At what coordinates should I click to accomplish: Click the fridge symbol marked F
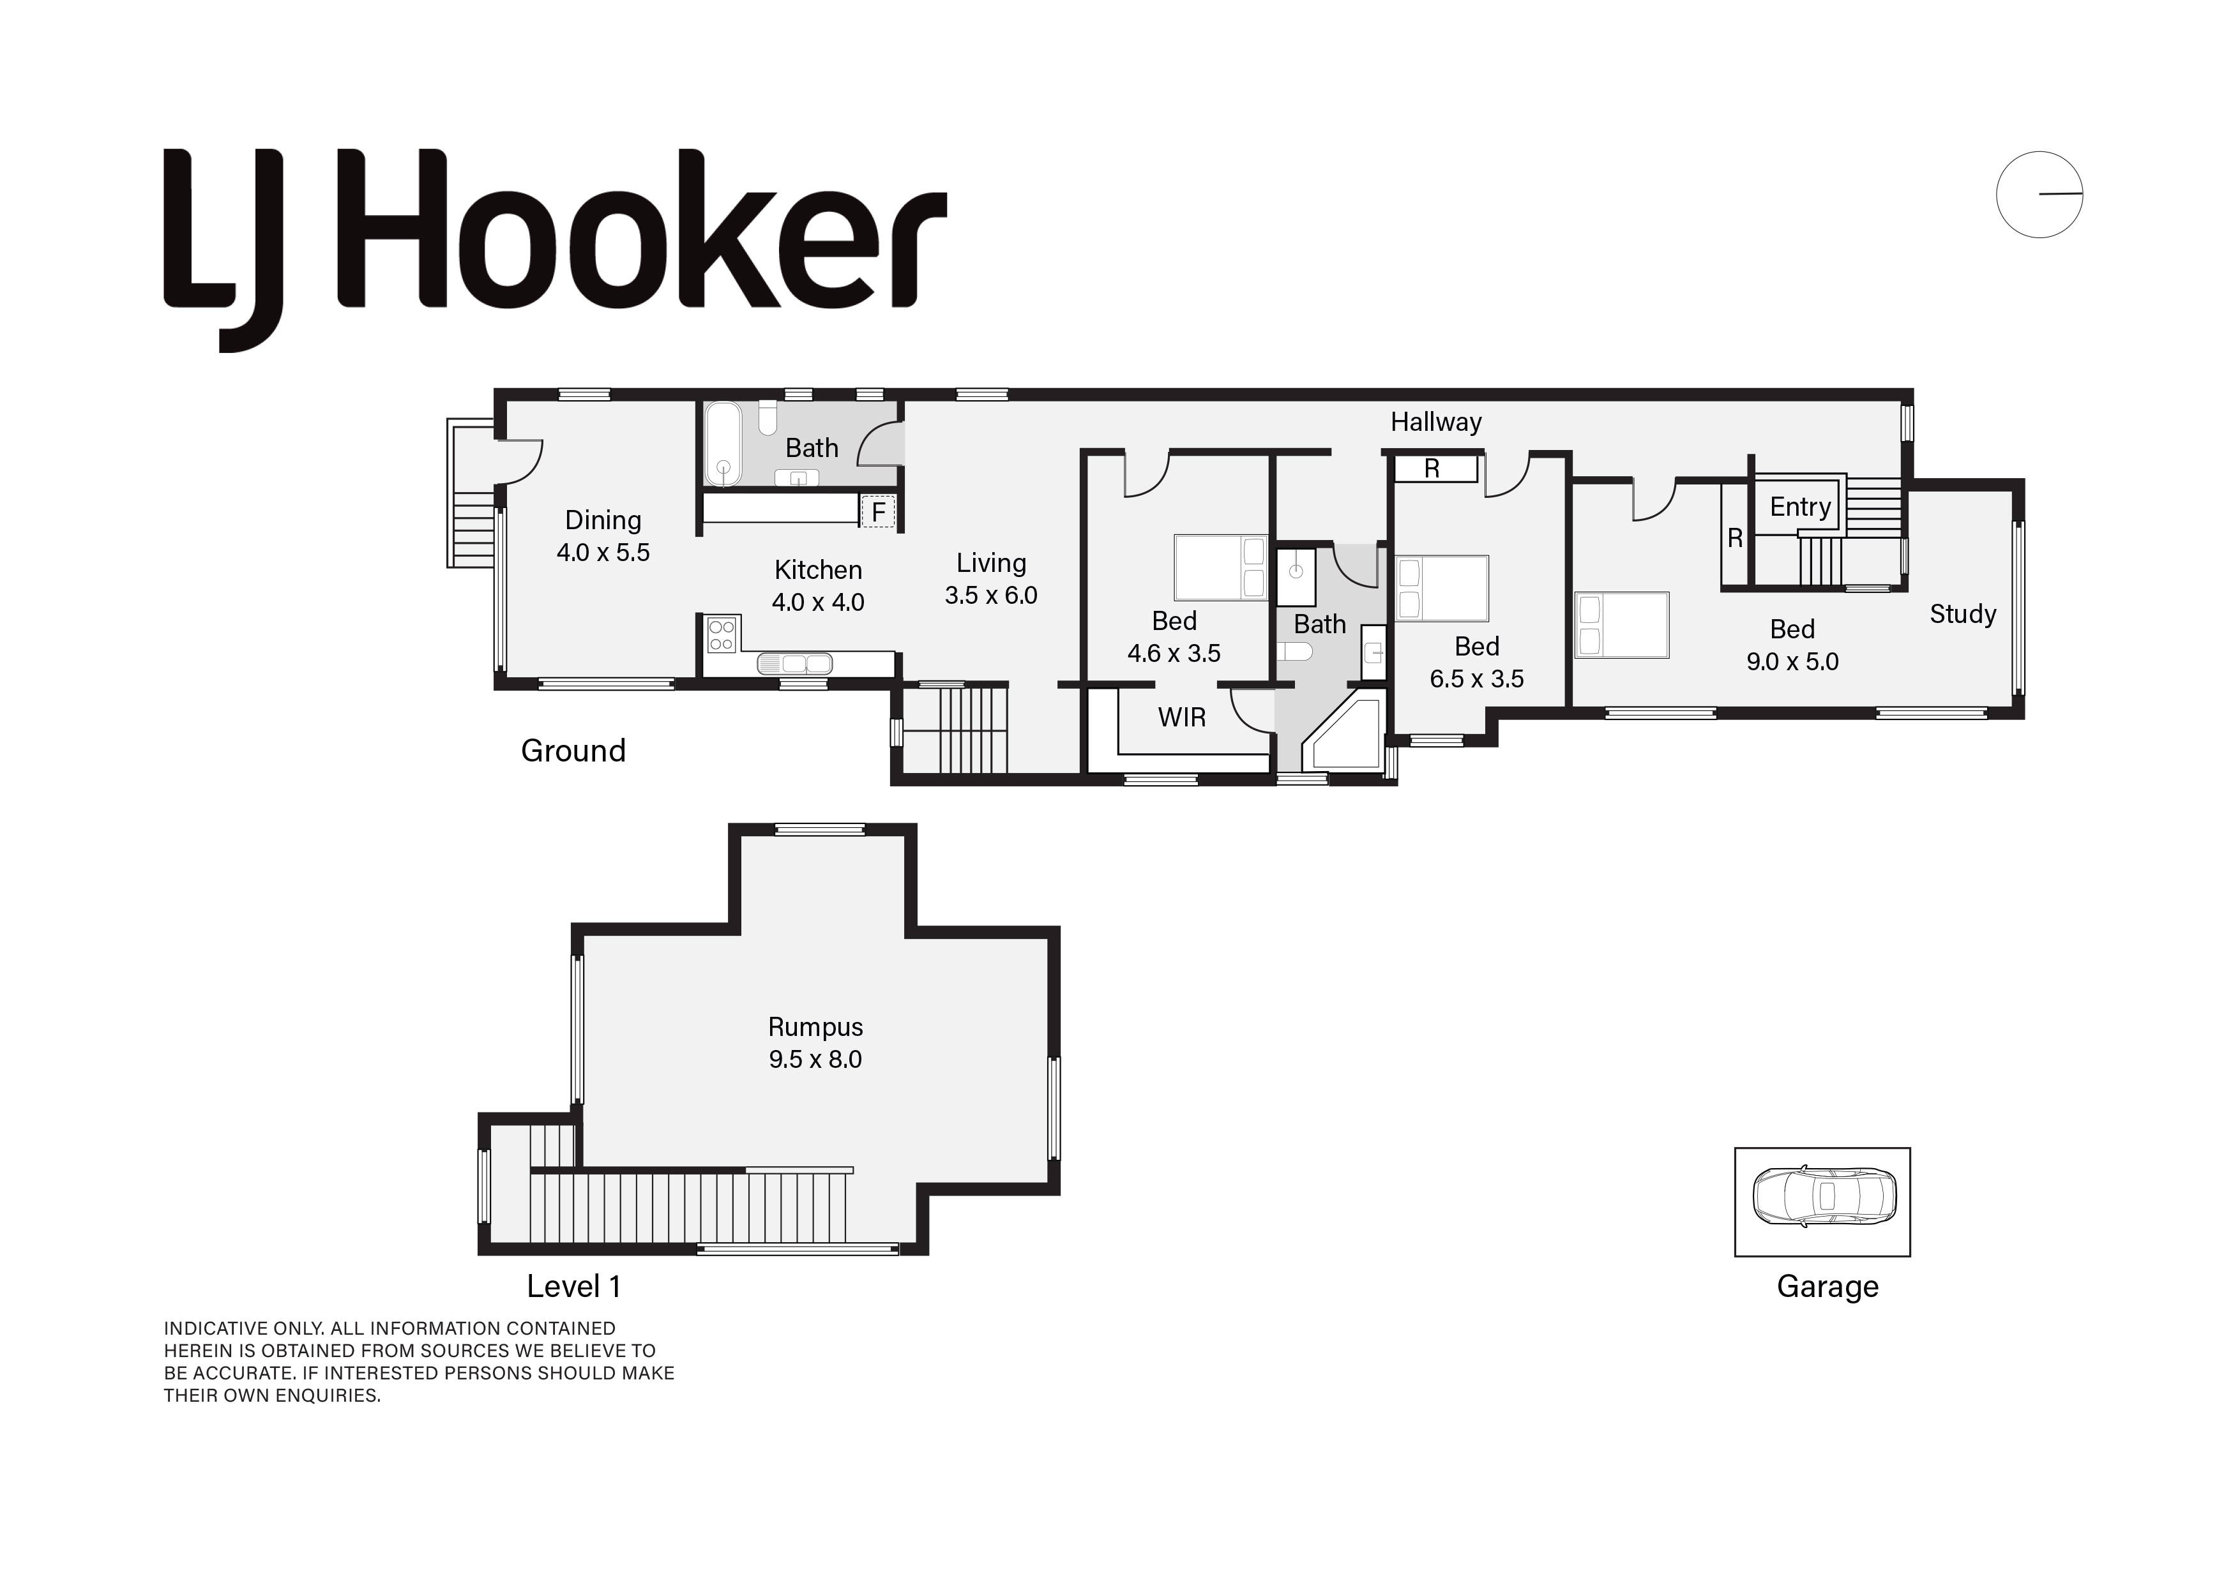click(x=878, y=512)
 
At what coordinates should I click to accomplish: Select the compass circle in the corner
click(x=2039, y=194)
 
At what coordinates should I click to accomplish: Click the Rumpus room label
click(x=815, y=1027)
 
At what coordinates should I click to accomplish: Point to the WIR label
click(x=1181, y=718)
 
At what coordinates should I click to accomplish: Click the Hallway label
click(x=1436, y=423)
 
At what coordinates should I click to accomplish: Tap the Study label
click(x=1963, y=615)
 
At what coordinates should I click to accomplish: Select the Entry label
click(x=1800, y=507)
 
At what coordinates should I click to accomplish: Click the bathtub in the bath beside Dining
click(x=723, y=443)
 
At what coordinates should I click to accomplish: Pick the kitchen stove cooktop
click(x=722, y=634)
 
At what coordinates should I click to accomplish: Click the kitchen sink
click(x=795, y=664)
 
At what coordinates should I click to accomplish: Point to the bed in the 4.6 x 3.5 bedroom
click(x=1220, y=567)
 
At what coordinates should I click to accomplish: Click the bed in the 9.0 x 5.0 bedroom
click(x=1621, y=625)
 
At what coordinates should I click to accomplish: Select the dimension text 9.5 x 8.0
click(x=815, y=1059)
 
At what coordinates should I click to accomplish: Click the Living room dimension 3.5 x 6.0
click(x=991, y=595)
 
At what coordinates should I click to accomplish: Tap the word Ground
click(x=573, y=751)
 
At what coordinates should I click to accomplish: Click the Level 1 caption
click(x=573, y=1286)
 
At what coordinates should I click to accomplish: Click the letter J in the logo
click(x=254, y=251)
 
